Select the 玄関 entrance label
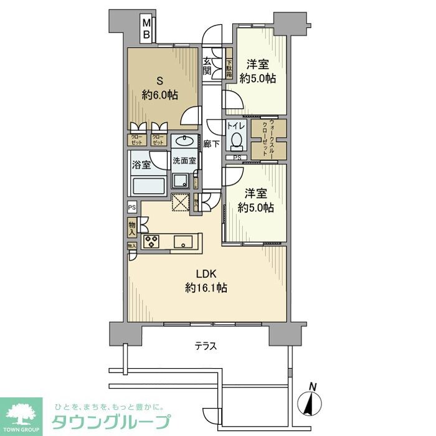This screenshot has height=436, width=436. [x=208, y=65]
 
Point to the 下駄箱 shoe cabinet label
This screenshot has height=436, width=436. [x=229, y=67]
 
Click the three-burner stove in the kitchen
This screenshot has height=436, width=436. [x=152, y=242]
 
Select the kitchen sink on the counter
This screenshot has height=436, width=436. [x=184, y=242]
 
